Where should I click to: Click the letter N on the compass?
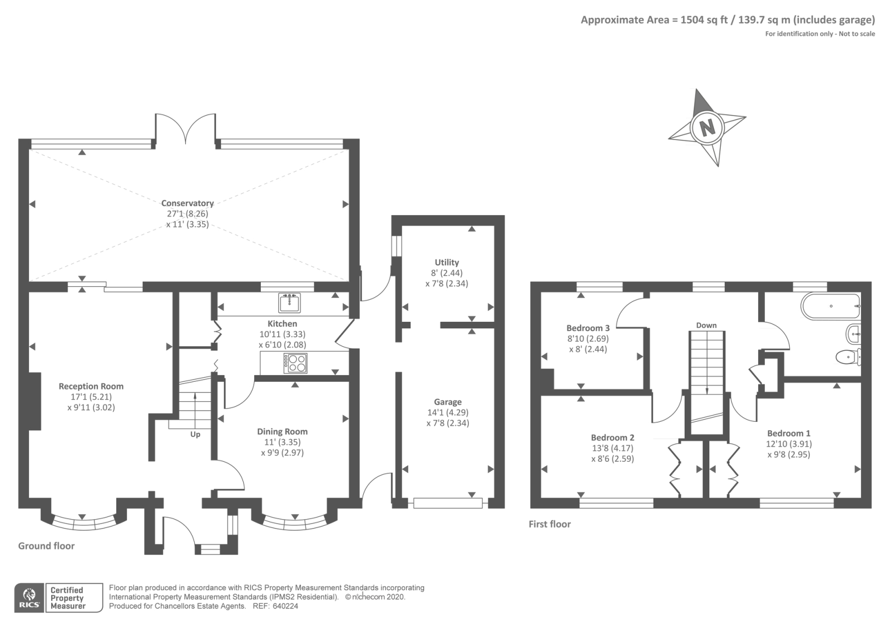(x=707, y=128)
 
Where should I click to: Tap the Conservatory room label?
(x=187, y=203)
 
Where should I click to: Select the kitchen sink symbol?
(x=289, y=302)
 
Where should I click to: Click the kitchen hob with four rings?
(x=295, y=363)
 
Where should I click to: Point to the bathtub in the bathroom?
(x=831, y=306)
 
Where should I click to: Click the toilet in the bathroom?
(x=848, y=356)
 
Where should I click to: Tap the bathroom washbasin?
(x=853, y=334)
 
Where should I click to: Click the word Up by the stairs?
(x=195, y=434)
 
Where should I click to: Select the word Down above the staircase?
(x=706, y=325)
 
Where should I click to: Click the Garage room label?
(x=448, y=402)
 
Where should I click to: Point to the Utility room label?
(x=447, y=262)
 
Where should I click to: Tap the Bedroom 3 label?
(x=588, y=328)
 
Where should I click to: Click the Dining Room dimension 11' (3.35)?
(x=283, y=442)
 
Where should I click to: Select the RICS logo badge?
(x=29, y=598)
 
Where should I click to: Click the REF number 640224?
(x=285, y=606)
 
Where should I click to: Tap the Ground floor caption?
(x=47, y=546)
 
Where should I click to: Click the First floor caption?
(x=550, y=524)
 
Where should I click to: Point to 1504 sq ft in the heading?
(x=704, y=20)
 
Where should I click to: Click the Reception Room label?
(x=91, y=386)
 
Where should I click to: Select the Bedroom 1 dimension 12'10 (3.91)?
(x=789, y=444)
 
